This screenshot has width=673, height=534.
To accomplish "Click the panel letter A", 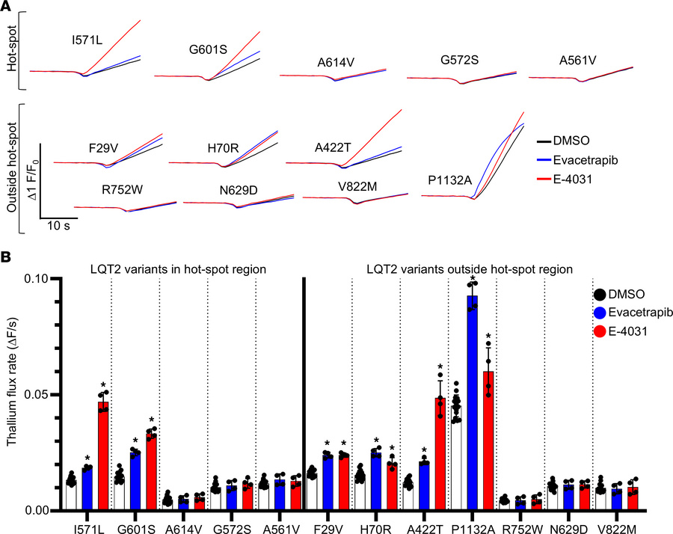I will point(7,7).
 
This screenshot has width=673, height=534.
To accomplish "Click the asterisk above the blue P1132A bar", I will point(473,278).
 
